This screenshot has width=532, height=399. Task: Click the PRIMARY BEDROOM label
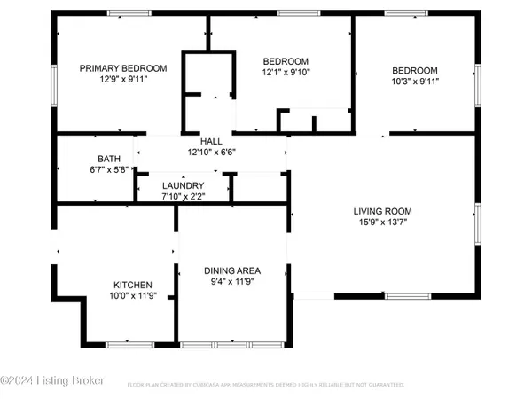click(x=123, y=68)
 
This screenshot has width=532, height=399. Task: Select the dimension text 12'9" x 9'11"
click(x=123, y=79)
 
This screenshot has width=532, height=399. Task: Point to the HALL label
click(x=211, y=141)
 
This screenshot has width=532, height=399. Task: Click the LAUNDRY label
click(x=183, y=184)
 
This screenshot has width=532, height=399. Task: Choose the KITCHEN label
click(x=131, y=285)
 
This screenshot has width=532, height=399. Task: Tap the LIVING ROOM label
click(x=383, y=211)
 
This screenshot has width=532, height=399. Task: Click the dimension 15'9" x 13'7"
click(x=383, y=223)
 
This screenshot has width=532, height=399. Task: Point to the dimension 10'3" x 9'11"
click(x=415, y=82)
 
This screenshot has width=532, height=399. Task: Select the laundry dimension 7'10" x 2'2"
click(x=183, y=195)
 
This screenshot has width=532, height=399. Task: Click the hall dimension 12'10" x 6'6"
click(x=211, y=152)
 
